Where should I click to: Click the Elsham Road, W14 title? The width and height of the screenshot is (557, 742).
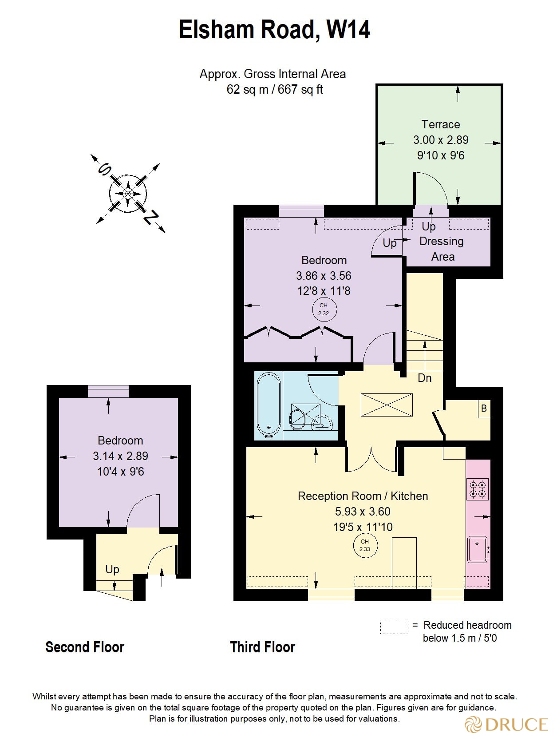[x=274, y=30]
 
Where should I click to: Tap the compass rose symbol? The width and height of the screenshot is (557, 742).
[x=128, y=193]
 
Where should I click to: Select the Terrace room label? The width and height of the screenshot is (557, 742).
[x=440, y=125]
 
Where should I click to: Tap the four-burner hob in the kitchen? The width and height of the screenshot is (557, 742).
[x=478, y=489]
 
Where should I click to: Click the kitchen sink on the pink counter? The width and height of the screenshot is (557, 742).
[x=477, y=550]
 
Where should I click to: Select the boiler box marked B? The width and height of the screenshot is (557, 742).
[x=484, y=408]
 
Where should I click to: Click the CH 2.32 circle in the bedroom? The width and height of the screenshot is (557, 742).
[x=324, y=309]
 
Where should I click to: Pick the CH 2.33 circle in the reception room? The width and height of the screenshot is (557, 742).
[x=365, y=545]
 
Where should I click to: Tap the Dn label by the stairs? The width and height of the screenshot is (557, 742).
[x=424, y=378]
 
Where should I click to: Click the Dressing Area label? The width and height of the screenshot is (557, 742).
[x=442, y=249]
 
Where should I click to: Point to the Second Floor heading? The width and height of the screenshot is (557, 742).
[x=84, y=647]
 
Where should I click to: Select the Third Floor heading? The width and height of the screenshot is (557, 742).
[x=262, y=647]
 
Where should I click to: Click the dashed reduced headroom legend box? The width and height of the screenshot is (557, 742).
[x=394, y=627]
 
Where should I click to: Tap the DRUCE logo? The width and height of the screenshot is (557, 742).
[x=507, y=724]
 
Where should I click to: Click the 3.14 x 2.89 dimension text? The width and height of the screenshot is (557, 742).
[x=120, y=456]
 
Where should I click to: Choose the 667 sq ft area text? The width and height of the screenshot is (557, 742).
[x=300, y=90]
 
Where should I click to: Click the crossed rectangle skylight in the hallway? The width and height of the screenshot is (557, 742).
[x=387, y=405]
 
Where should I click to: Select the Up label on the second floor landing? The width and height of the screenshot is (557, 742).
[x=112, y=569]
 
